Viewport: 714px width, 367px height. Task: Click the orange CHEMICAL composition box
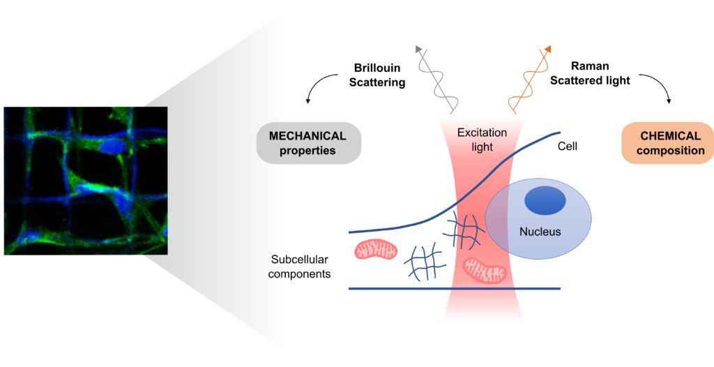[x=666, y=143]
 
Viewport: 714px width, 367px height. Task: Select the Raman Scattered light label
[x=590, y=73]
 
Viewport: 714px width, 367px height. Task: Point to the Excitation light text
[x=482, y=140]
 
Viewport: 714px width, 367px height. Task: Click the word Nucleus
[x=540, y=232]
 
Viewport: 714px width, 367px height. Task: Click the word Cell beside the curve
[x=568, y=147]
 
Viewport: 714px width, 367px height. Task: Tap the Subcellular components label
[x=300, y=267]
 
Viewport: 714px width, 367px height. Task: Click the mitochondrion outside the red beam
[x=376, y=250]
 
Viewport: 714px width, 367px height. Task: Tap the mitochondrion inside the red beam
[x=485, y=269]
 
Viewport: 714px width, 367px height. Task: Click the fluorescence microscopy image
[x=86, y=181]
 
